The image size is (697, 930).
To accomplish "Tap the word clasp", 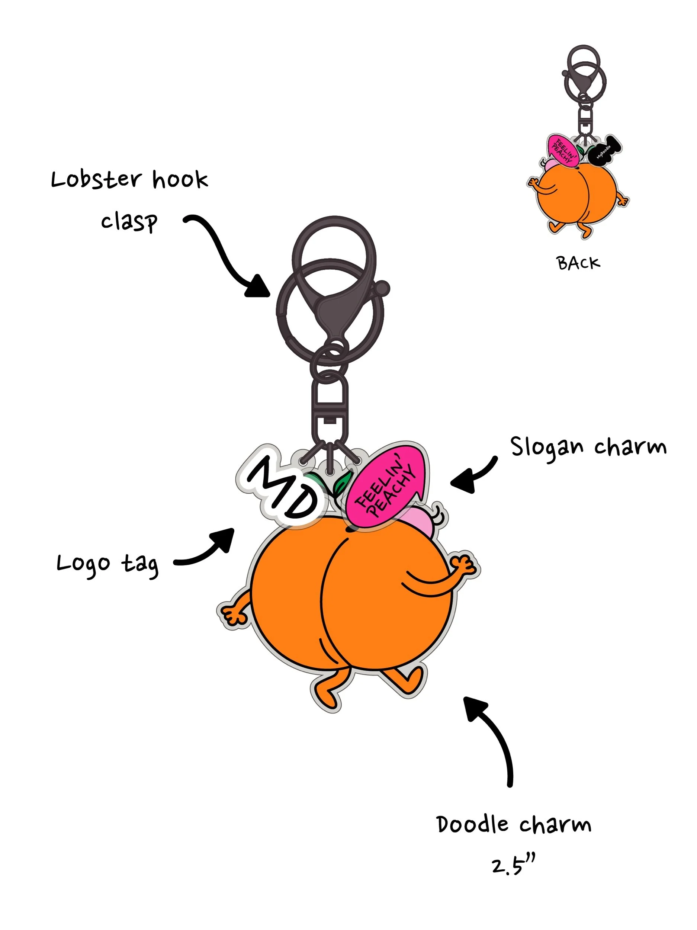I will click(129, 222).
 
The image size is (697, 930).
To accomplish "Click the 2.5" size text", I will click(513, 866).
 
